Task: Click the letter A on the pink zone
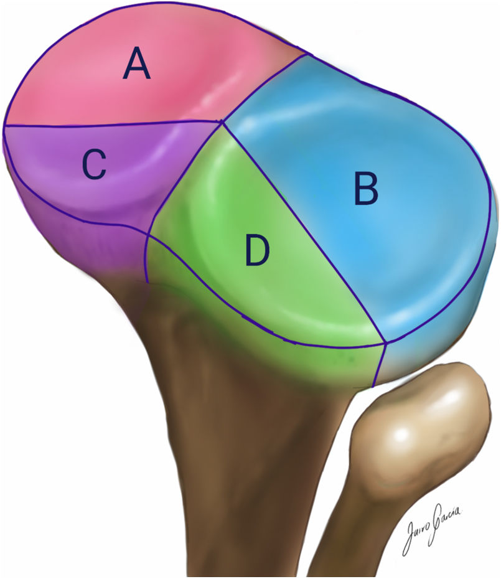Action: coord(137,65)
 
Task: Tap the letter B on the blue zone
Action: coord(366,189)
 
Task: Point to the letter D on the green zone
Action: coord(256,250)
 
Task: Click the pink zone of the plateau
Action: coord(187,81)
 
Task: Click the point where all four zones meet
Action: coord(222,122)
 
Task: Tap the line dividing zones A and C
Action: coord(112,125)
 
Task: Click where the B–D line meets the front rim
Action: coord(386,342)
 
